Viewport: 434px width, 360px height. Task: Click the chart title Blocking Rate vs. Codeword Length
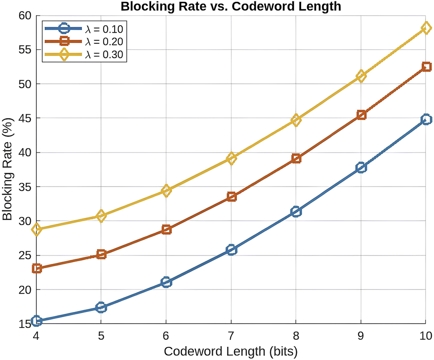point(231,7)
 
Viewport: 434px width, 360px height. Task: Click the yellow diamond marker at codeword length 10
point(425,28)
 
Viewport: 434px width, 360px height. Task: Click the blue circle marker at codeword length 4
point(37,321)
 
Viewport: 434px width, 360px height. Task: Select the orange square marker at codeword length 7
point(231,197)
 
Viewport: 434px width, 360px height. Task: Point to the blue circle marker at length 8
point(296,212)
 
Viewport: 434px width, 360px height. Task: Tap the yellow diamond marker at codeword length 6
point(166,190)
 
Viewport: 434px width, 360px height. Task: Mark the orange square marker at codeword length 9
point(361,115)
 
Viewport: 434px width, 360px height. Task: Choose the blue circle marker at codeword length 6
point(166,282)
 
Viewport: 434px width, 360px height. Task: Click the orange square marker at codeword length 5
point(102,254)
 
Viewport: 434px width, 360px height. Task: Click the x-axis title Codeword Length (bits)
point(231,350)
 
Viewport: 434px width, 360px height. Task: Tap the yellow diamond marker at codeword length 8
point(296,120)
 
